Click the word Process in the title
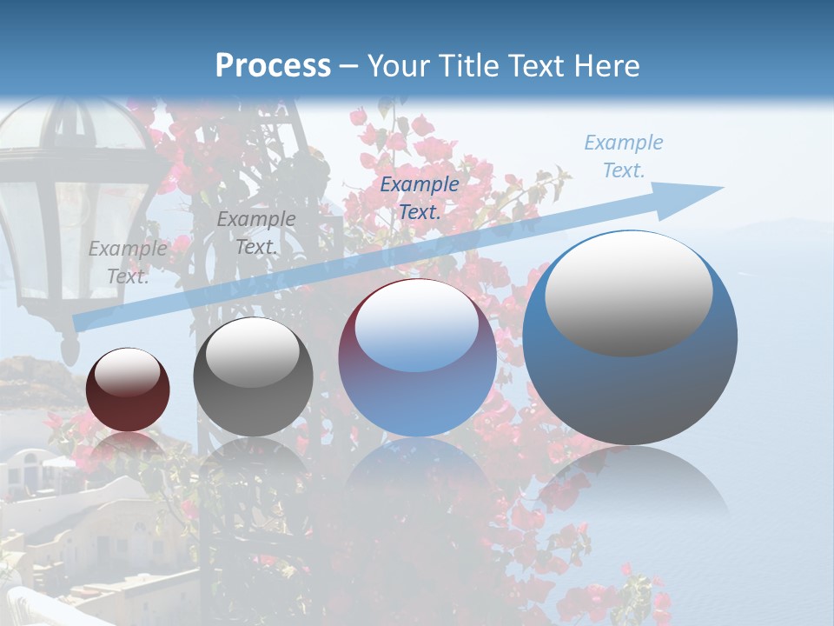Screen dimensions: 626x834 coord(273,66)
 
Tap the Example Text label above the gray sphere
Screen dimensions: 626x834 coord(256,233)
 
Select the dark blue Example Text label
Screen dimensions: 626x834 coord(420,197)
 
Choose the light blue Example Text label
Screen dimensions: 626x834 coord(624,156)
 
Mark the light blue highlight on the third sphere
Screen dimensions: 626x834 coord(417,326)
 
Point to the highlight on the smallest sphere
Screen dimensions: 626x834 coord(128,372)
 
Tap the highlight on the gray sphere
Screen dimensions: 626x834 coord(253,351)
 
